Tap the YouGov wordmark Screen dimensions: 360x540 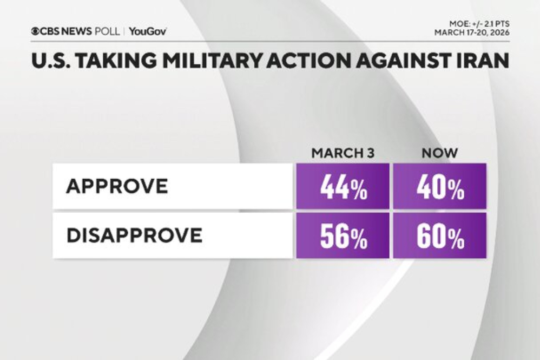coord(148,31)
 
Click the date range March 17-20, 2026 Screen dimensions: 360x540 coord(472,32)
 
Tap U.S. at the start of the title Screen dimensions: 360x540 coord(49,61)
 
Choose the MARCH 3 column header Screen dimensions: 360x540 coord(343,153)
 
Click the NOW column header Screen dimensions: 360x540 coord(439,153)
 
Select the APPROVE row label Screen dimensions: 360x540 coord(117,186)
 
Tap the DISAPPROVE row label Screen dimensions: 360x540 coord(134,235)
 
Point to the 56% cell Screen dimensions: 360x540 coord(343,236)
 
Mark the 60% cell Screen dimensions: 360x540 coord(439,236)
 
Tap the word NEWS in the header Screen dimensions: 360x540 coord(77,31)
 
